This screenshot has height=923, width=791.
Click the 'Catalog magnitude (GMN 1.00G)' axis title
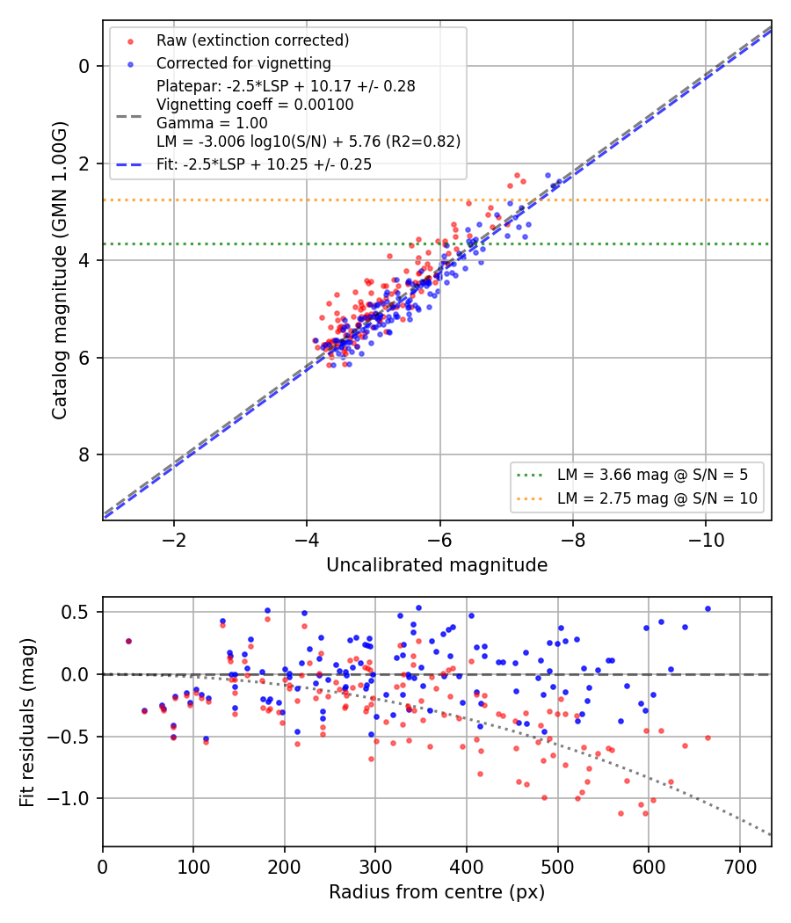point(60,270)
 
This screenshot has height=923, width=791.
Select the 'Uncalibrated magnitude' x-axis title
point(437,565)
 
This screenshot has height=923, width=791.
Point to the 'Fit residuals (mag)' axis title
point(27,723)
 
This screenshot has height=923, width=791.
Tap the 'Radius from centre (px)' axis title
point(437,892)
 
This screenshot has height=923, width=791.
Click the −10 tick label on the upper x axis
point(706,540)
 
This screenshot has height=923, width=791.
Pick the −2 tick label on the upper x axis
point(174,540)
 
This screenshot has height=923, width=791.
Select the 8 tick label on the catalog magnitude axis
point(84,454)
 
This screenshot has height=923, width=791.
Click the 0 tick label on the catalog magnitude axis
point(84,66)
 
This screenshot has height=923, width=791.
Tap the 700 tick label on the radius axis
point(740,867)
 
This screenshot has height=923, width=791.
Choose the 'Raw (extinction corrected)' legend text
point(252,40)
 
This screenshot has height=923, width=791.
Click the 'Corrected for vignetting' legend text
point(243,63)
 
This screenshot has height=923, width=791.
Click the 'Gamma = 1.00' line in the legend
point(212,123)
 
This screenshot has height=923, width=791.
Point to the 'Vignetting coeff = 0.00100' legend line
point(255,105)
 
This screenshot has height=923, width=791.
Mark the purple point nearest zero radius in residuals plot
point(129,641)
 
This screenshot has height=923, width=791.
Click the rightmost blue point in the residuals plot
point(708,608)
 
